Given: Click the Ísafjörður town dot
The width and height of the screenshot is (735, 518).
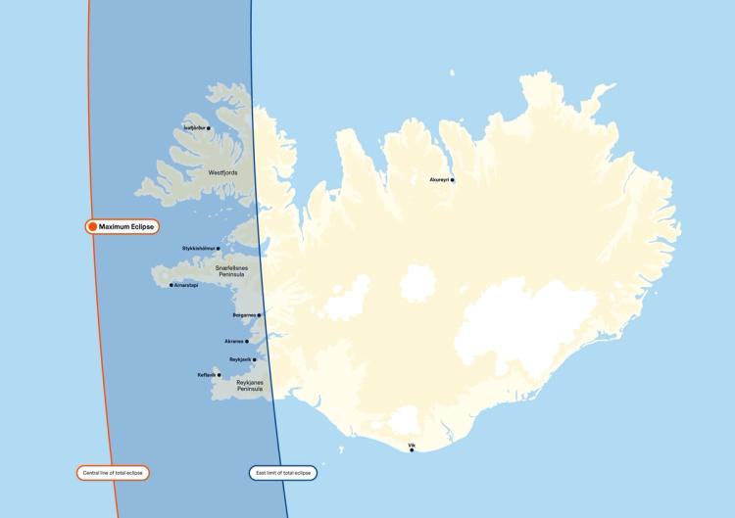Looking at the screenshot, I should [209, 128].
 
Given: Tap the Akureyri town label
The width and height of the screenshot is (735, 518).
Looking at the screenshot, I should [439, 180].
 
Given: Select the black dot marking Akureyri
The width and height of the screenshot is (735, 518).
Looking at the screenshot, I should [452, 180].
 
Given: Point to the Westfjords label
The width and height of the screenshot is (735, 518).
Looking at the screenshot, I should [222, 172].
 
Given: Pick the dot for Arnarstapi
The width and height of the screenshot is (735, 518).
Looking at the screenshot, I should [171, 285].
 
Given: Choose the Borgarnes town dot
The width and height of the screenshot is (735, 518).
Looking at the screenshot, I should [259, 315].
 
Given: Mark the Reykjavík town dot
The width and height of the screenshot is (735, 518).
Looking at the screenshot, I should [255, 359].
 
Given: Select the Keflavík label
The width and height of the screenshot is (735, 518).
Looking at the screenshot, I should [207, 375].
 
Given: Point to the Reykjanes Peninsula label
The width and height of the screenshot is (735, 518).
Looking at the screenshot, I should [250, 386].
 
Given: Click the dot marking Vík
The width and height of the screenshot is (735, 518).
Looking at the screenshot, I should [412, 450].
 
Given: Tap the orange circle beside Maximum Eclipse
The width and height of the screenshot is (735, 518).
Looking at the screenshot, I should [92, 226].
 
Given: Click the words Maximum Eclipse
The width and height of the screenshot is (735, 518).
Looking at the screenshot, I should [127, 226].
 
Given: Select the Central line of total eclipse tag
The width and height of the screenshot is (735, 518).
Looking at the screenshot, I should [113, 473].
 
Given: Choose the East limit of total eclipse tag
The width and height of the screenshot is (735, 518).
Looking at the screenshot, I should [283, 473].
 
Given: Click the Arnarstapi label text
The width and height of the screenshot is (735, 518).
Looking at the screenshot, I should [186, 285].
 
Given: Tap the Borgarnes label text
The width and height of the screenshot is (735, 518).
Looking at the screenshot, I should [244, 315].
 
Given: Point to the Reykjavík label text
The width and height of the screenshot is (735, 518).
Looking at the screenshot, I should [240, 359].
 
